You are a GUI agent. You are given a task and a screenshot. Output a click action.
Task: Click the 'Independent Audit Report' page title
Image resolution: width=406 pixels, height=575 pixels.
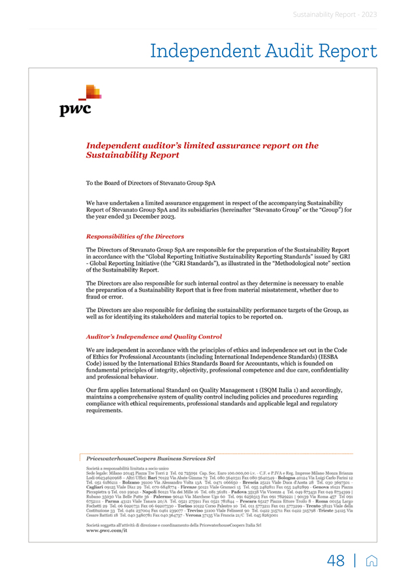[263, 51]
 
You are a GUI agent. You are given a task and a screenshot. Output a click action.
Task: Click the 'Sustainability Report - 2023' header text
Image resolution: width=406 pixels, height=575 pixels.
[335, 14]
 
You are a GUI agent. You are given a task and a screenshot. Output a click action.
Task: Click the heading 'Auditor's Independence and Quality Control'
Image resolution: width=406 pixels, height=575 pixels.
[151, 337]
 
